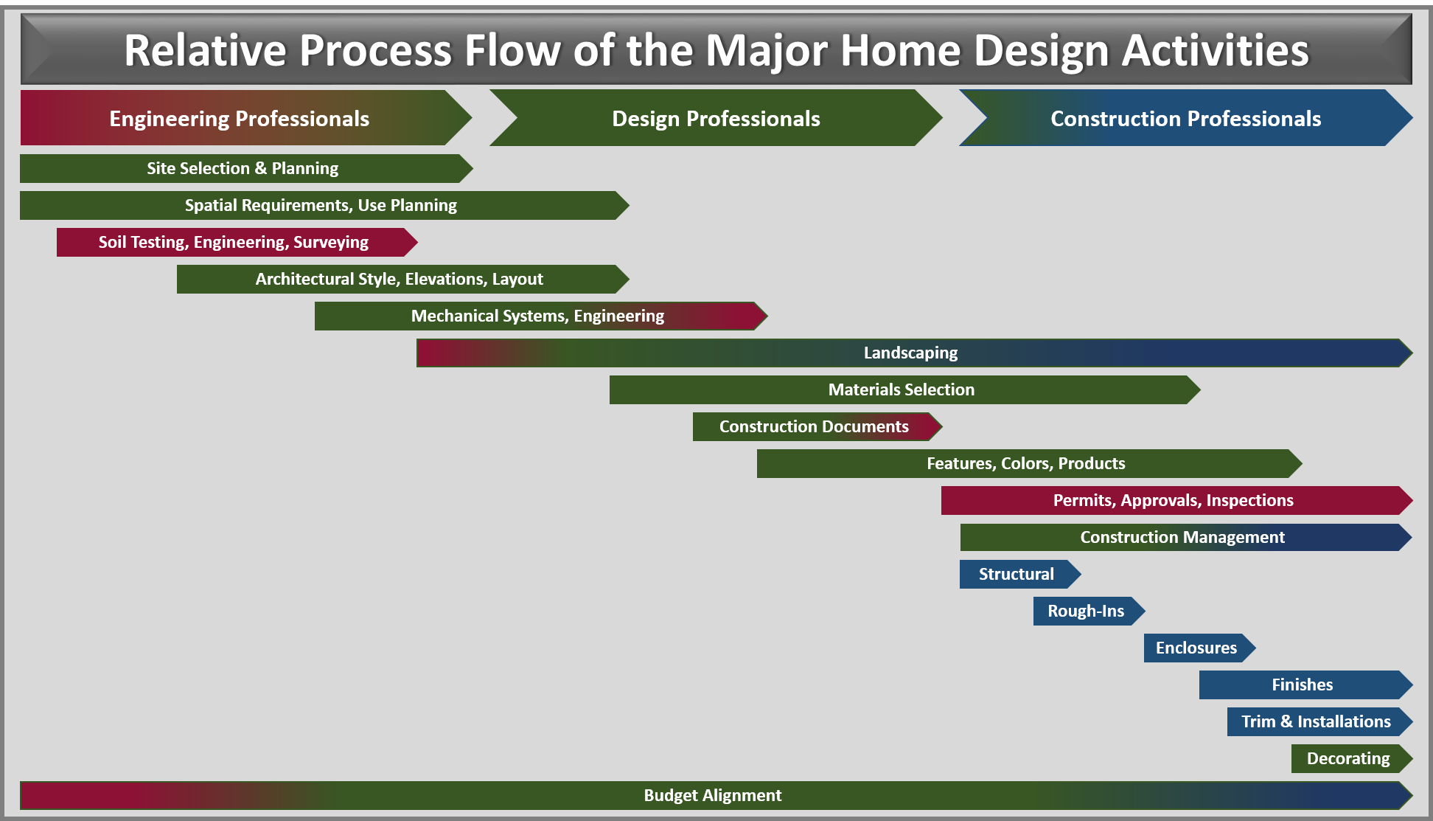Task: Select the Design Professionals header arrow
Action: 716,118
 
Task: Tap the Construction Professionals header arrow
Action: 1185,118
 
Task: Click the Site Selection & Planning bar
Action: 246,168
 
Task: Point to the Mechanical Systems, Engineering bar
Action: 541,316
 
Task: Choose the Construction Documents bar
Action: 817,426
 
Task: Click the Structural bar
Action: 1020,574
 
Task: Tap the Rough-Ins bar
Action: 1089,611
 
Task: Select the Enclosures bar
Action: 1200,648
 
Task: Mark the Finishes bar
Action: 1306,685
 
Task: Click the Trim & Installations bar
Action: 1320,721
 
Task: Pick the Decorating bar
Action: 1352,758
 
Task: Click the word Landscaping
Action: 910,353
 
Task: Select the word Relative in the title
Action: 205,50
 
